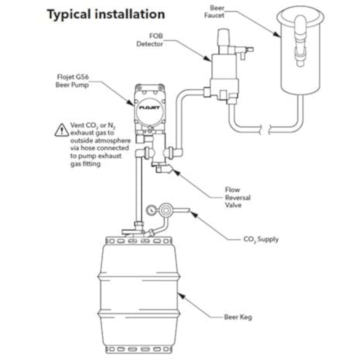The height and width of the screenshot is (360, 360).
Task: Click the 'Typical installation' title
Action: click(x=106, y=14)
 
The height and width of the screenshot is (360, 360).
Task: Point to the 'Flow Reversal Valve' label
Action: click(x=238, y=197)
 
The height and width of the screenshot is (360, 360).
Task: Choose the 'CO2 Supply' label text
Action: click(x=261, y=239)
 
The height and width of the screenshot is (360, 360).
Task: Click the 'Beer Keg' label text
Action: click(x=238, y=317)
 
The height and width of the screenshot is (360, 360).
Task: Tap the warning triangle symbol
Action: click(x=62, y=130)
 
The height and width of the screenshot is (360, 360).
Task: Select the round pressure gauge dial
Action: click(x=152, y=211)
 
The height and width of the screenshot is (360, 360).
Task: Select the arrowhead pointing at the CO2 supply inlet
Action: click(x=194, y=213)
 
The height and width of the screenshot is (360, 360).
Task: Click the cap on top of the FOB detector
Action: click(x=223, y=37)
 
